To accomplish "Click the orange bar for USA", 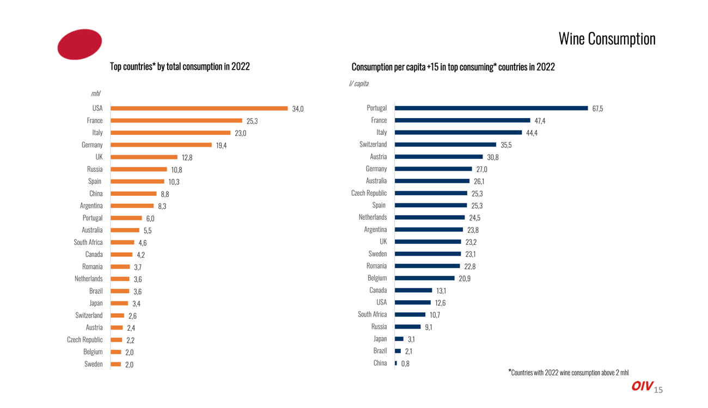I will pyautogui.click(x=199, y=108).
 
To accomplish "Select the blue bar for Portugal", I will pyautogui.click(x=491, y=108).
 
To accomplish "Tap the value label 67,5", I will pyautogui.click(x=597, y=109).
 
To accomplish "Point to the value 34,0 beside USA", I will pyautogui.click(x=298, y=109).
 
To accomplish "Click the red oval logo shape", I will pyautogui.click(x=80, y=44).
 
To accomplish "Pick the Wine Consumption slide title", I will pyautogui.click(x=607, y=39).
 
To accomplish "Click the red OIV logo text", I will pyautogui.click(x=642, y=386).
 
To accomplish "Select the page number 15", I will pyautogui.click(x=658, y=390).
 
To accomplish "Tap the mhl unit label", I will pyautogui.click(x=95, y=94).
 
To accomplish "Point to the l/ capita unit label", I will pyautogui.click(x=358, y=83).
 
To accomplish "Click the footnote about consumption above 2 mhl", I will pyautogui.click(x=568, y=373).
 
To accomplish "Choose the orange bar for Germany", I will pyautogui.click(x=161, y=145).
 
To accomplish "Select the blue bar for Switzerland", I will pyautogui.click(x=445, y=145).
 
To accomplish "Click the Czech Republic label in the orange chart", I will pyautogui.click(x=84, y=340).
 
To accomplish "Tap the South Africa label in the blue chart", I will pyautogui.click(x=372, y=314).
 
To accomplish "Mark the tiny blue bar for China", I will pyautogui.click(x=396, y=363).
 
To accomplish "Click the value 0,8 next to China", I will pyautogui.click(x=405, y=364).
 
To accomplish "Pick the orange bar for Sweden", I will pyautogui.click(x=116, y=364).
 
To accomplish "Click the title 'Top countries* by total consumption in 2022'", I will pyautogui.click(x=180, y=66).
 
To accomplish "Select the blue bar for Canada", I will pyautogui.click(x=413, y=290).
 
